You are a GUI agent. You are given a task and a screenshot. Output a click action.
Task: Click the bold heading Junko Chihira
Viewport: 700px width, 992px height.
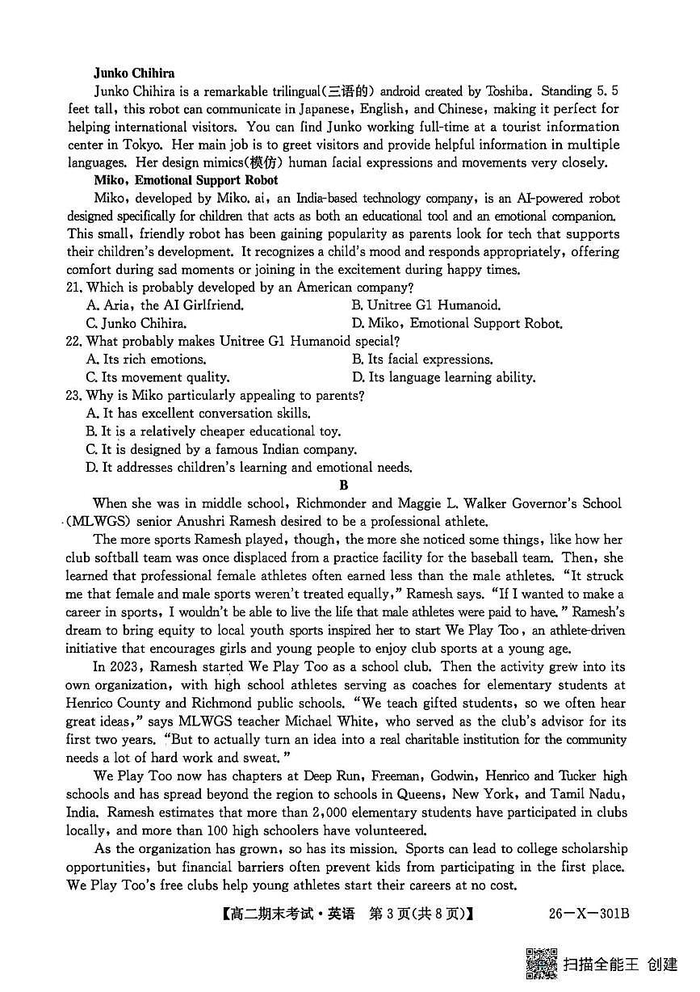click(134, 74)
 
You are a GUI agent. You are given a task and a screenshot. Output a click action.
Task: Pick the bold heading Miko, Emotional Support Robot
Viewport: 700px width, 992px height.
click(186, 180)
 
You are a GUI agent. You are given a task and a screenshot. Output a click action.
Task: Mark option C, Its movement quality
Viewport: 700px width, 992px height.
click(157, 377)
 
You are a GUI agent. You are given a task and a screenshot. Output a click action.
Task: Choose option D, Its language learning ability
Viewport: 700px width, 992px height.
click(443, 377)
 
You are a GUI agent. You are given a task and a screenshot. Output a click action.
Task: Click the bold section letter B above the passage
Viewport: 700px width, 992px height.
click(344, 485)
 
